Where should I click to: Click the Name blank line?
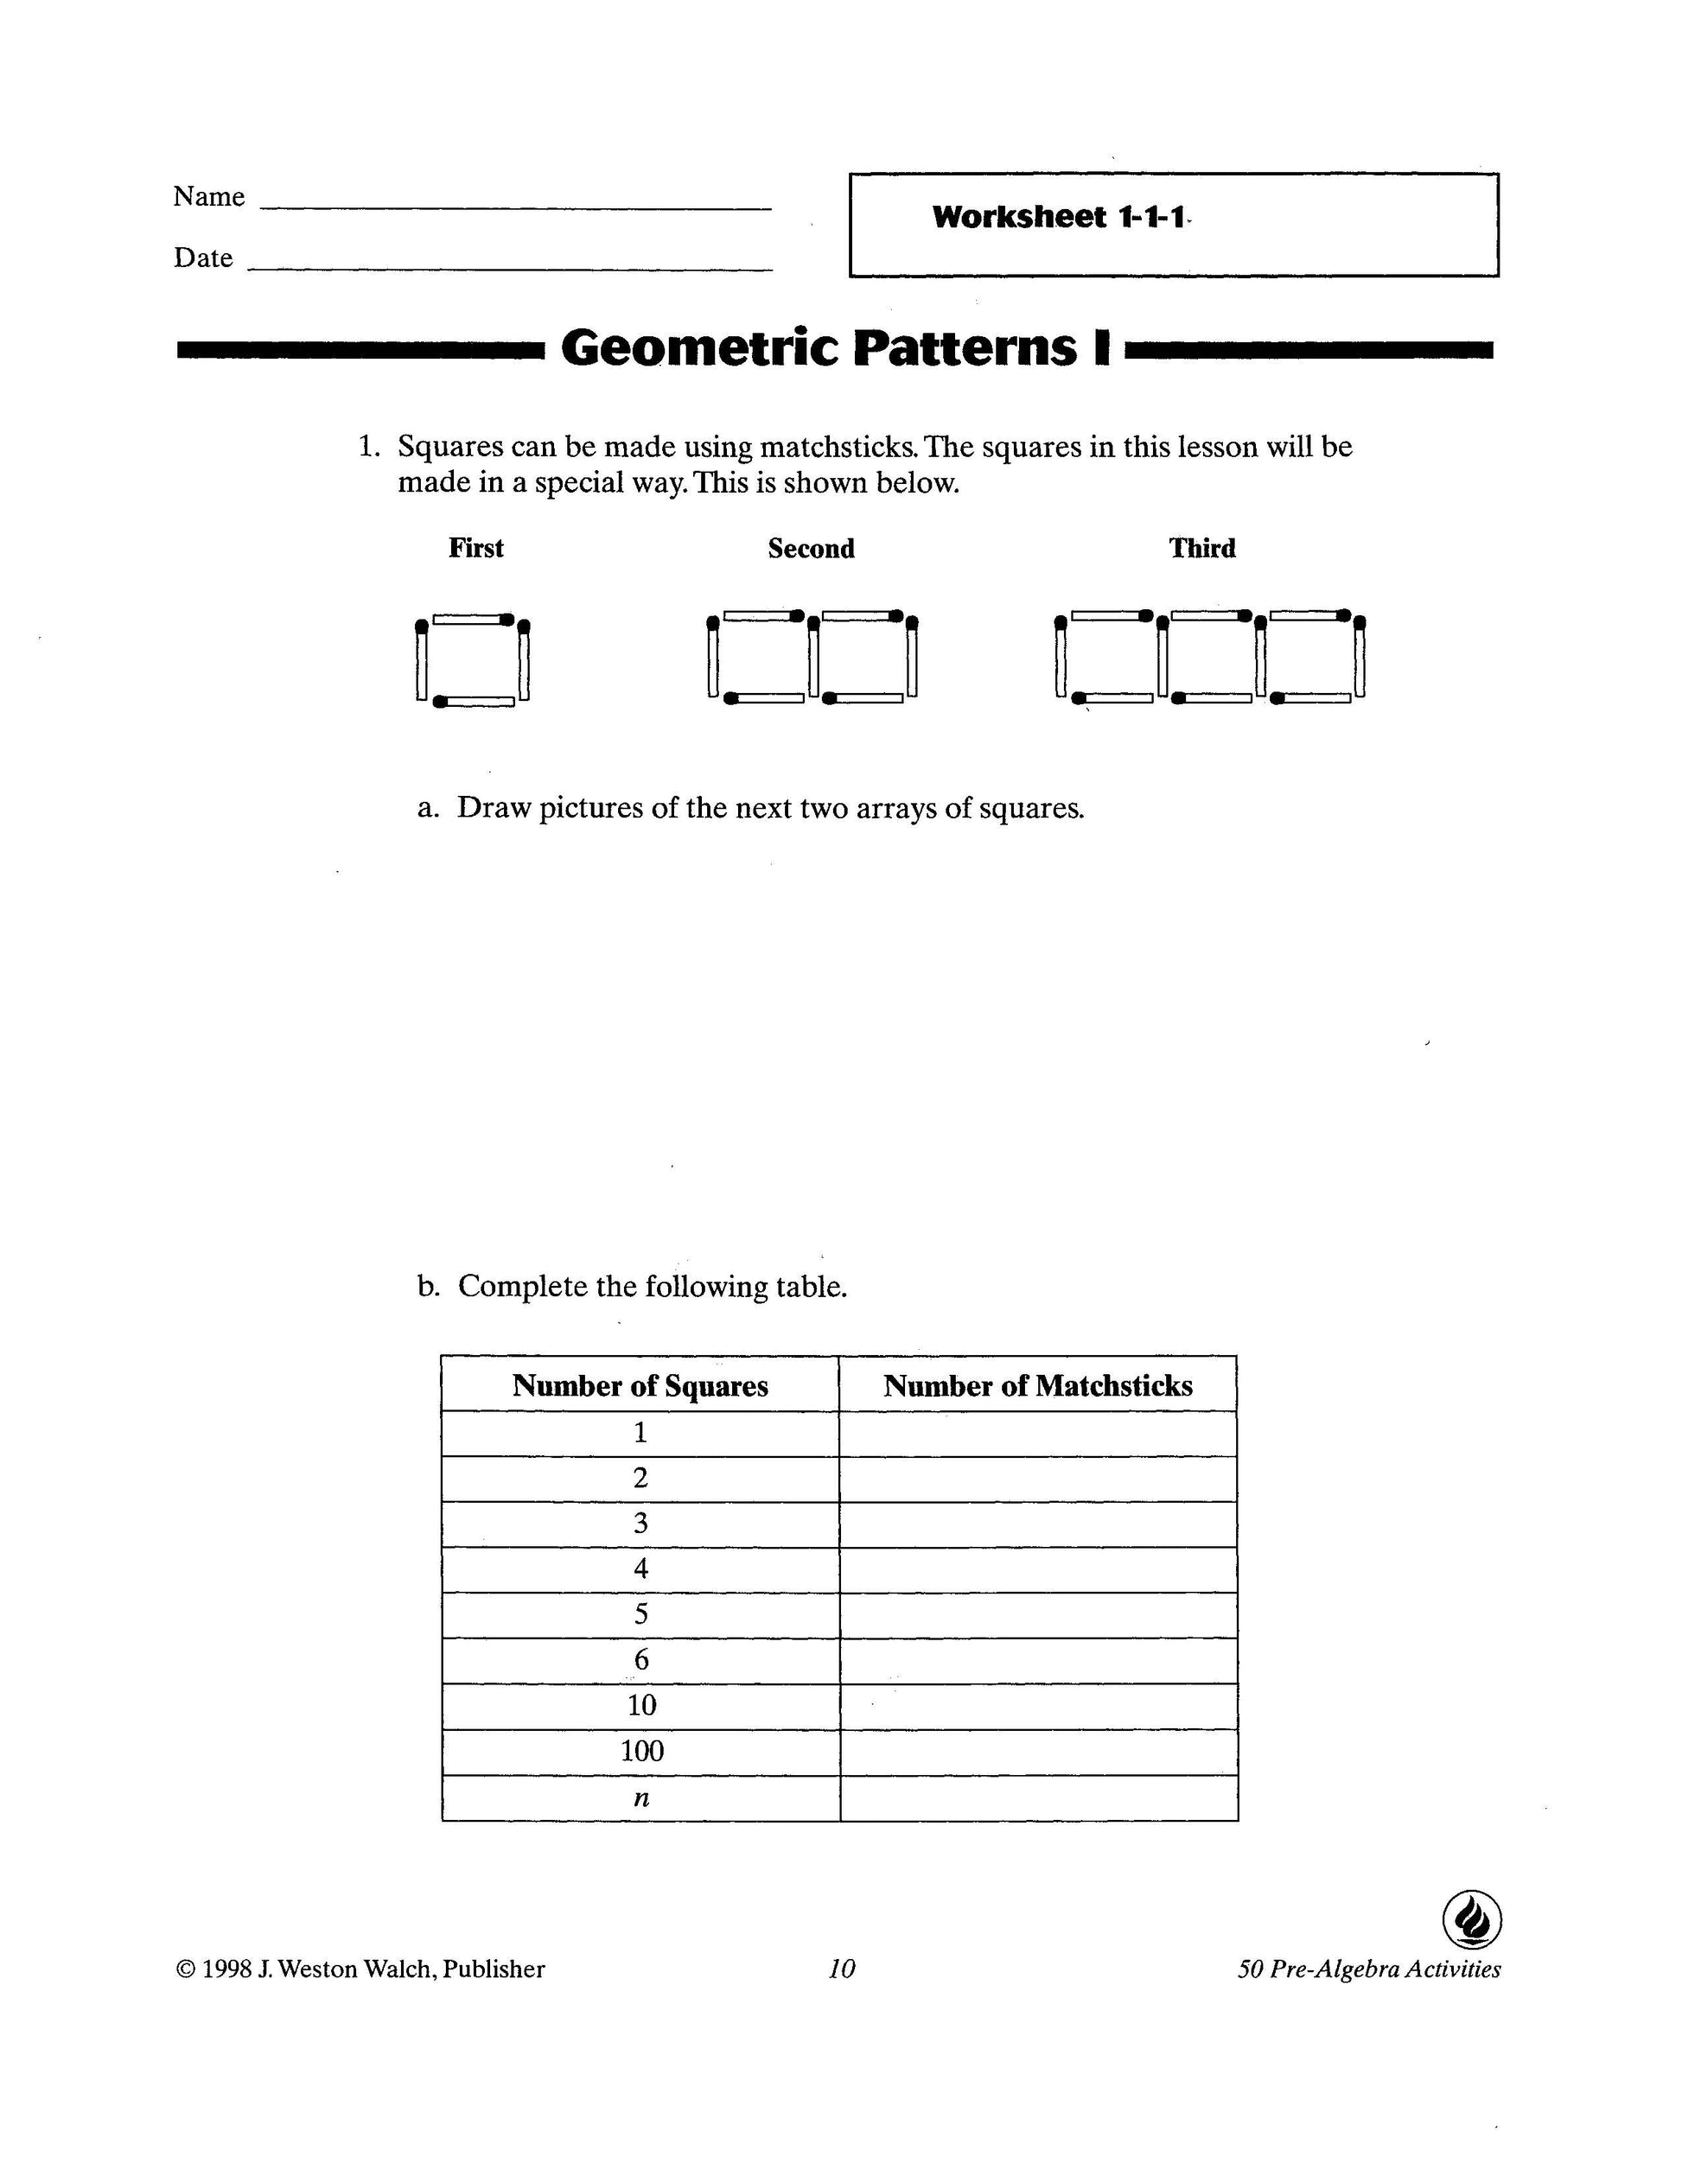click(515, 207)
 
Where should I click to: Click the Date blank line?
click(509, 268)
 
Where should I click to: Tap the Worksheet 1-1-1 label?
click(1059, 217)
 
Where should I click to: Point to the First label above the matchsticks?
click(475, 548)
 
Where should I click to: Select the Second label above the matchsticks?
click(811, 549)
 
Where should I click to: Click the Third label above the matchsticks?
click(1201, 548)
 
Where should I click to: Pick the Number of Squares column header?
click(640, 1386)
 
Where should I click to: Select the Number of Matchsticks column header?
click(1037, 1386)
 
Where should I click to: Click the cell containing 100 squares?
click(641, 1751)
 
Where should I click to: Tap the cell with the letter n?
click(641, 1797)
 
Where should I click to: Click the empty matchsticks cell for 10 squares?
click(1038, 1705)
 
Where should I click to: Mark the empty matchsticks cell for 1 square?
click(1038, 1433)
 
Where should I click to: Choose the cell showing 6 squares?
click(641, 1659)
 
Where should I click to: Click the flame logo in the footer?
click(1472, 1919)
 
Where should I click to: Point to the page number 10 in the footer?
click(842, 1969)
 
